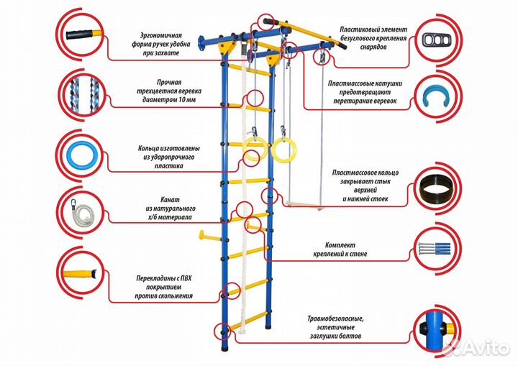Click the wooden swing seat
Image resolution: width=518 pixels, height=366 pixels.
(x=303, y=203)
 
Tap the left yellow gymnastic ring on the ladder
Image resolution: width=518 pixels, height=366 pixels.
(x=254, y=152)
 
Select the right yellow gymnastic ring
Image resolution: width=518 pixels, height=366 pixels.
(x=281, y=150)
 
